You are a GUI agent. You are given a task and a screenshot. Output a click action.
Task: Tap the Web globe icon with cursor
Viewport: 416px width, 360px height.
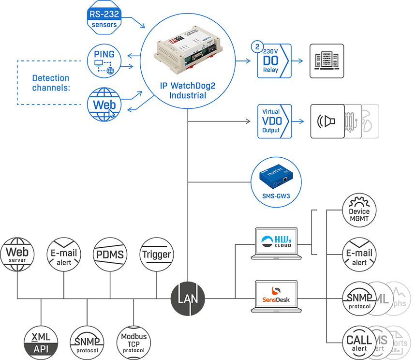click(104, 105)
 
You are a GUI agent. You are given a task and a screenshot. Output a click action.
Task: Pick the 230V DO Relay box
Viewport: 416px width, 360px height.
click(274, 61)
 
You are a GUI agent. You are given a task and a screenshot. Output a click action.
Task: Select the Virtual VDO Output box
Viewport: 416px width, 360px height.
click(274, 121)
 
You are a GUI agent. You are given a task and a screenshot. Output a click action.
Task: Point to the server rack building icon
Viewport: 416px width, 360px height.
click(327, 61)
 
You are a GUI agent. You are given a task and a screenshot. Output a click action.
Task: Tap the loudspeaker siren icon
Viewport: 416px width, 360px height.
click(327, 121)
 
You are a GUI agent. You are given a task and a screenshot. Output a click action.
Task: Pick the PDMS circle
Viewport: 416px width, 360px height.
click(110, 254)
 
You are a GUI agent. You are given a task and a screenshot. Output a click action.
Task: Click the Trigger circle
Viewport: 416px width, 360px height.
click(156, 254)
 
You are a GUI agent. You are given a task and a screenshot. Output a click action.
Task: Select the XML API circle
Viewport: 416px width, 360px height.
click(41, 343)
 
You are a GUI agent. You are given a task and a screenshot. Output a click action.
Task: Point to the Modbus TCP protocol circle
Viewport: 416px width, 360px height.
click(134, 343)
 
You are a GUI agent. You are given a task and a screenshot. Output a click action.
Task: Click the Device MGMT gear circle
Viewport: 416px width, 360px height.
click(359, 211)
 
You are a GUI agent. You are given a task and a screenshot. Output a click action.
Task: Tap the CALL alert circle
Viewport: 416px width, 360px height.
click(359, 343)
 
